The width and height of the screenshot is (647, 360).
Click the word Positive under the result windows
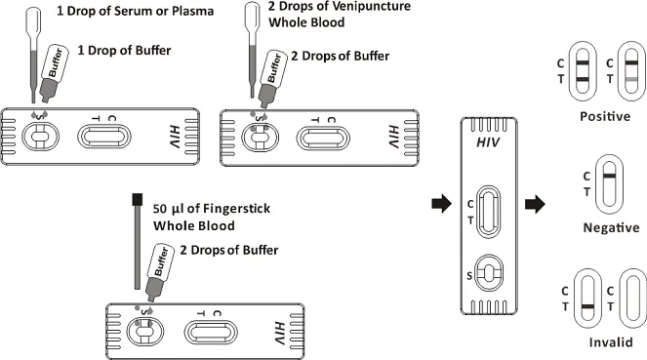click(605, 116)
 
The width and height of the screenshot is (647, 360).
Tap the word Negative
click(611, 227)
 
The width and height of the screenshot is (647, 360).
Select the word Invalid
click(611, 342)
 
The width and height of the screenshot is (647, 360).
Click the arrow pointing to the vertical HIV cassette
click(441, 204)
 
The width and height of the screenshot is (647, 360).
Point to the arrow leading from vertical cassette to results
click(535, 204)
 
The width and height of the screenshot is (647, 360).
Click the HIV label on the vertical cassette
click(488, 142)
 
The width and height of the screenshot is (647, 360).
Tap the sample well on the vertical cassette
click(489, 273)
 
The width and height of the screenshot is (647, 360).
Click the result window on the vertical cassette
click(489, 212)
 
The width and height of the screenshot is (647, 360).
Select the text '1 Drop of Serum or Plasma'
click(136, 11)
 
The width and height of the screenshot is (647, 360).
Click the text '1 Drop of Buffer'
click(124, 51)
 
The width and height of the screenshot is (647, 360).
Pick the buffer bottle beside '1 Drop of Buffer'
click(54, 73)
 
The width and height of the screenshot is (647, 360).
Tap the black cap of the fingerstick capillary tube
click(138, 200)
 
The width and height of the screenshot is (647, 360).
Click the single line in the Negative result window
click(609, 176)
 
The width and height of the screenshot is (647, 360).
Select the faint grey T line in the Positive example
click(631, 79)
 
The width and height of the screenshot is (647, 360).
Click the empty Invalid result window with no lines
click(633, 299)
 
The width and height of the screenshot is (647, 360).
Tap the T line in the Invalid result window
click(588, 306)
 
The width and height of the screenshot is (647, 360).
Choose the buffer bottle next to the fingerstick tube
click(158, 271)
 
